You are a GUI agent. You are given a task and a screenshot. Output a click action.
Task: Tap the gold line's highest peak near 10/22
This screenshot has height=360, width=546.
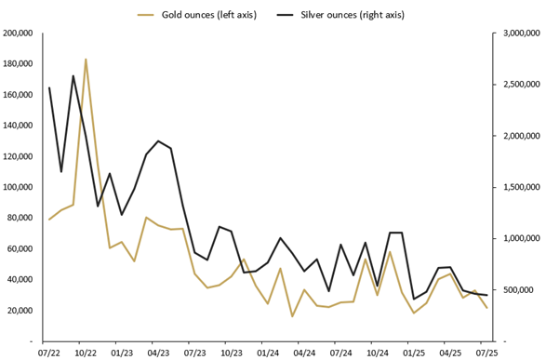pos(86,60)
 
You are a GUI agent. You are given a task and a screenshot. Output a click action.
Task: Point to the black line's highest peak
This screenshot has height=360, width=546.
pos(73,76)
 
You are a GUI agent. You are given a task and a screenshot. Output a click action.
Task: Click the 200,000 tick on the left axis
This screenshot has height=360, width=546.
pos(19,33)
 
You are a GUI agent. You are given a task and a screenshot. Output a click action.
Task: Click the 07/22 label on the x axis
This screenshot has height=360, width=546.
pos(49,353)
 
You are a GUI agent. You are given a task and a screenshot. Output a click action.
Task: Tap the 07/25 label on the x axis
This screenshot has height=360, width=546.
pos(486,353)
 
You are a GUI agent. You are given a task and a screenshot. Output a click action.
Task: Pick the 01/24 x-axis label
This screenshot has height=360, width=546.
pos(268,353)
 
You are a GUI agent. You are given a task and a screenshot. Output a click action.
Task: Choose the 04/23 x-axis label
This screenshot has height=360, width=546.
pos(158,353)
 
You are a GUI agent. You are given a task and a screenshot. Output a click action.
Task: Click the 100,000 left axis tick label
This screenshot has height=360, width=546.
pos(19,187)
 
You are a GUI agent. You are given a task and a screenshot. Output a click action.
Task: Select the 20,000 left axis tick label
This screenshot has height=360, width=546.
pos(21,311)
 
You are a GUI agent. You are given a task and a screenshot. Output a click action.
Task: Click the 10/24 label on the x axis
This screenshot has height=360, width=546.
pos(377,353)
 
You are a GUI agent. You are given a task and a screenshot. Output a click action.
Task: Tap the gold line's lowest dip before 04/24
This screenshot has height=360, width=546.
pos(292,316)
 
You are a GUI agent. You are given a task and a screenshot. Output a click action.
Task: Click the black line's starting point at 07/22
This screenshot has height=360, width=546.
pos(49,88)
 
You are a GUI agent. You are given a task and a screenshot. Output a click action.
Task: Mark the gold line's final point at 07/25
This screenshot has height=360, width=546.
pos(486,308)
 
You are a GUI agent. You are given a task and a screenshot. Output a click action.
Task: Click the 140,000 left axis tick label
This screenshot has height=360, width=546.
pos(19,126)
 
